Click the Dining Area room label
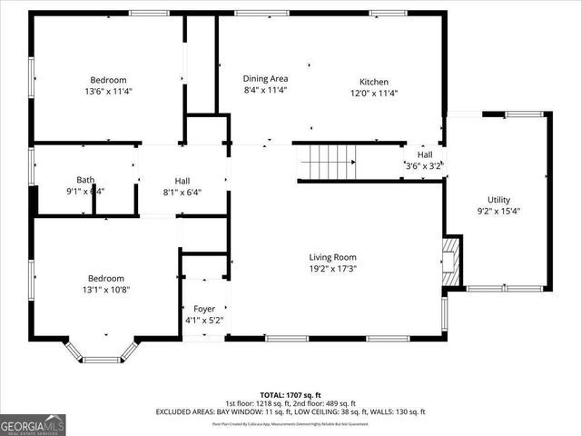coord(266,79)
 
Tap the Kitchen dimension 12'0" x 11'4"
coord(374,93)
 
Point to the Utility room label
coord(498,200)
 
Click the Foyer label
coord(203,309)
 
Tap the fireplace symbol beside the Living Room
coord(451,261)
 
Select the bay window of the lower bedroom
coord(102,352)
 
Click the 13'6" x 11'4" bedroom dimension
coord(108,92)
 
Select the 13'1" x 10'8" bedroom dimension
coord(105,291)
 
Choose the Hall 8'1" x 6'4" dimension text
coord(182,192)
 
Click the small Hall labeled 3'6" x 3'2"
coord(424,160)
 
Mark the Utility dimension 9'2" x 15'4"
coord(498,212)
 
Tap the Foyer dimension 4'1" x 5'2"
coord(203,321)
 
